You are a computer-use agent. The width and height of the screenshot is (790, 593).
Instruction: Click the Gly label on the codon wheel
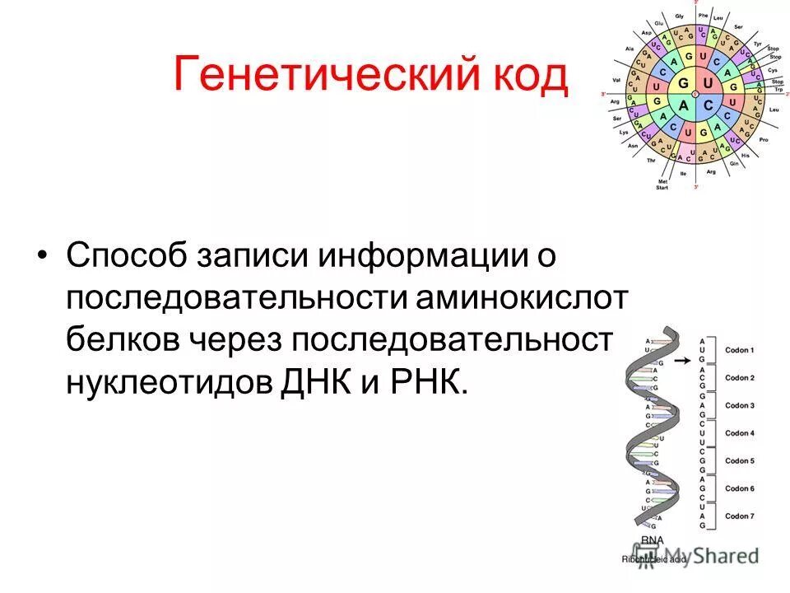click(680, 16)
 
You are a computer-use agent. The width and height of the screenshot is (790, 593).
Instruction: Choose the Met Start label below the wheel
click(662, 184)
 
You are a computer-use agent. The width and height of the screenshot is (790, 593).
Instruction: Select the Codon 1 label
click(740, 350)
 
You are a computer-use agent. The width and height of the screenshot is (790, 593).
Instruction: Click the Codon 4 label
click(740, 433)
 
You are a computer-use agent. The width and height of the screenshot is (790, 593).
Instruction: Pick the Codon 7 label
click(740, 516)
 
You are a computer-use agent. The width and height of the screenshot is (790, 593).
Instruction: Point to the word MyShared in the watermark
click(711, 556)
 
